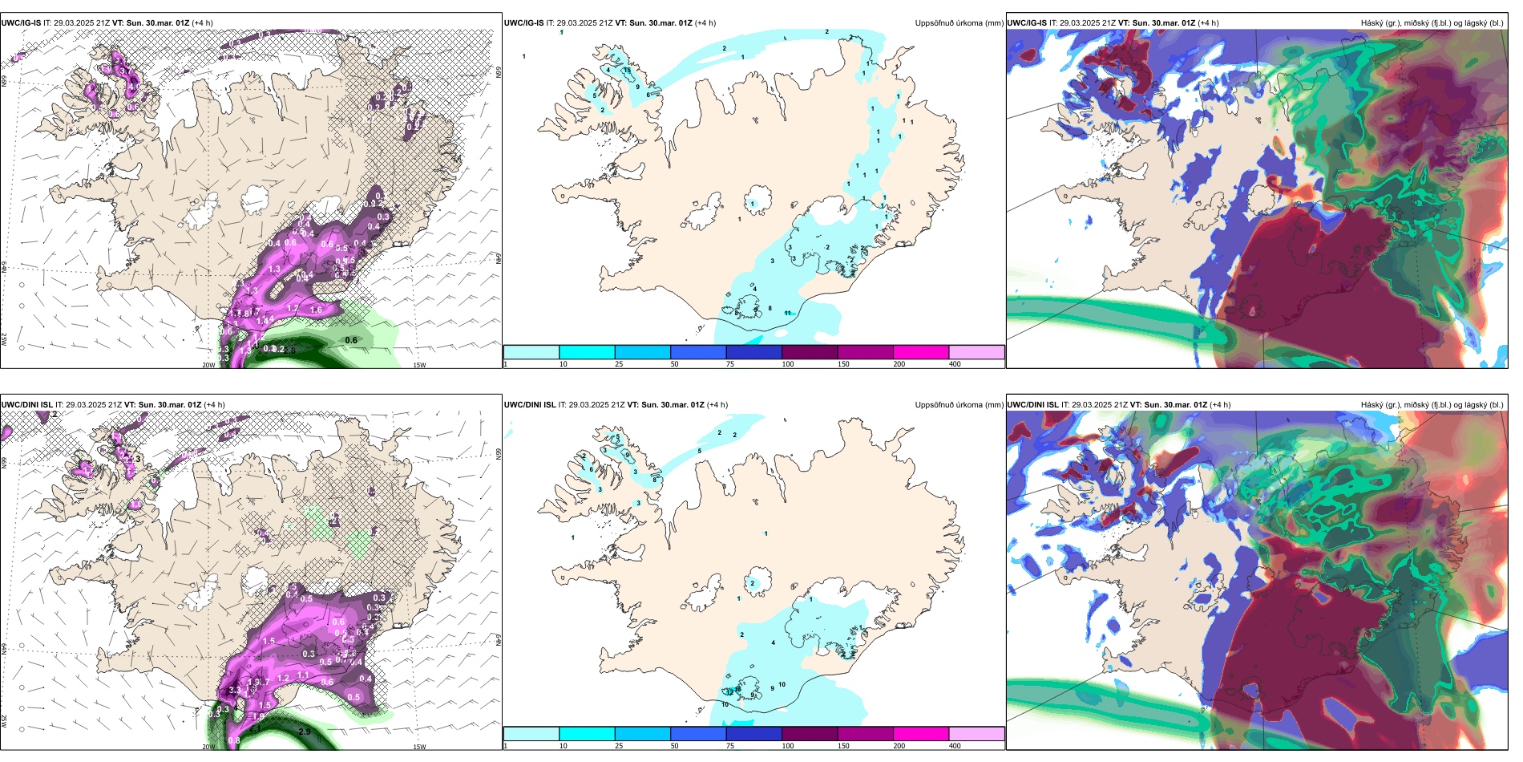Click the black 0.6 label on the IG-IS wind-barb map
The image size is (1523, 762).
351,340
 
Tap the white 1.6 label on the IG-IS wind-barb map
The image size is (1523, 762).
316,310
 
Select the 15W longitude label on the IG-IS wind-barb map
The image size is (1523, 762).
419,365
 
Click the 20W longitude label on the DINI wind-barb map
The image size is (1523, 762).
208,747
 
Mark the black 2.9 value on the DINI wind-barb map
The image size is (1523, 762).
305,732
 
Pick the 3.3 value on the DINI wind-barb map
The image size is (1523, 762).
234,690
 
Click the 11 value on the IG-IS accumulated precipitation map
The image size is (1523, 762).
788,313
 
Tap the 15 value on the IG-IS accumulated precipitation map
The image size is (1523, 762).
627,71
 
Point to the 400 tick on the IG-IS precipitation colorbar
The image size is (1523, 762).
955,364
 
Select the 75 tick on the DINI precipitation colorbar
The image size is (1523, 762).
730,746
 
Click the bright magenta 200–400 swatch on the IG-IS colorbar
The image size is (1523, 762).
921,352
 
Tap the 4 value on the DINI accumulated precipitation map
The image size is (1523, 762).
773,642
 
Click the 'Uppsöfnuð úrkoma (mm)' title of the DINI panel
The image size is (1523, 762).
959,405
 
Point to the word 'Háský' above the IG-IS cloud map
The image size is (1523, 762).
1373,23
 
